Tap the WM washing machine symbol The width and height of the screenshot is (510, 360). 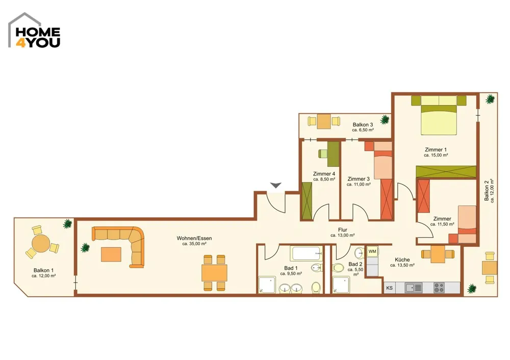coord(372,251)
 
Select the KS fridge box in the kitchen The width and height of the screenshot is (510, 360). coord(389,288)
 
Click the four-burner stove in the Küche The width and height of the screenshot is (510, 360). coord(439,288)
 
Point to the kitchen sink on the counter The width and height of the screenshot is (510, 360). coord(414,288)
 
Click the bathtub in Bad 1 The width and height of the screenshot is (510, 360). coord(307,253)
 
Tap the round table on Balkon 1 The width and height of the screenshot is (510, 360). coord(41,243)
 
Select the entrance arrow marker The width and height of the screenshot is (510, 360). coord(276,186)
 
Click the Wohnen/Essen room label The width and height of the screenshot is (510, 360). coord(194,238)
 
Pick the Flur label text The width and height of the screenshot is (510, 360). coord(343,230)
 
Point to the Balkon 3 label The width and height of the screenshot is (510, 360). coord(363,124)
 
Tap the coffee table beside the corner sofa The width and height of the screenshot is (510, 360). coord(111,254)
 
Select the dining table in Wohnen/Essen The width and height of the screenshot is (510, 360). coord(214,273)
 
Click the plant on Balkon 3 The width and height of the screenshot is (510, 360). coord(385,119)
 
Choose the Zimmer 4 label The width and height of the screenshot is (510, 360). coord(324,174)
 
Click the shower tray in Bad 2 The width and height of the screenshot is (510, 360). coord(341,285)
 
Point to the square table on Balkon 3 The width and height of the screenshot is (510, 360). coord(324,121)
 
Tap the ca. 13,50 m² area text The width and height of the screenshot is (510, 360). coord(402,265)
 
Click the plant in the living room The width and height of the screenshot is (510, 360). coord(85,247)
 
